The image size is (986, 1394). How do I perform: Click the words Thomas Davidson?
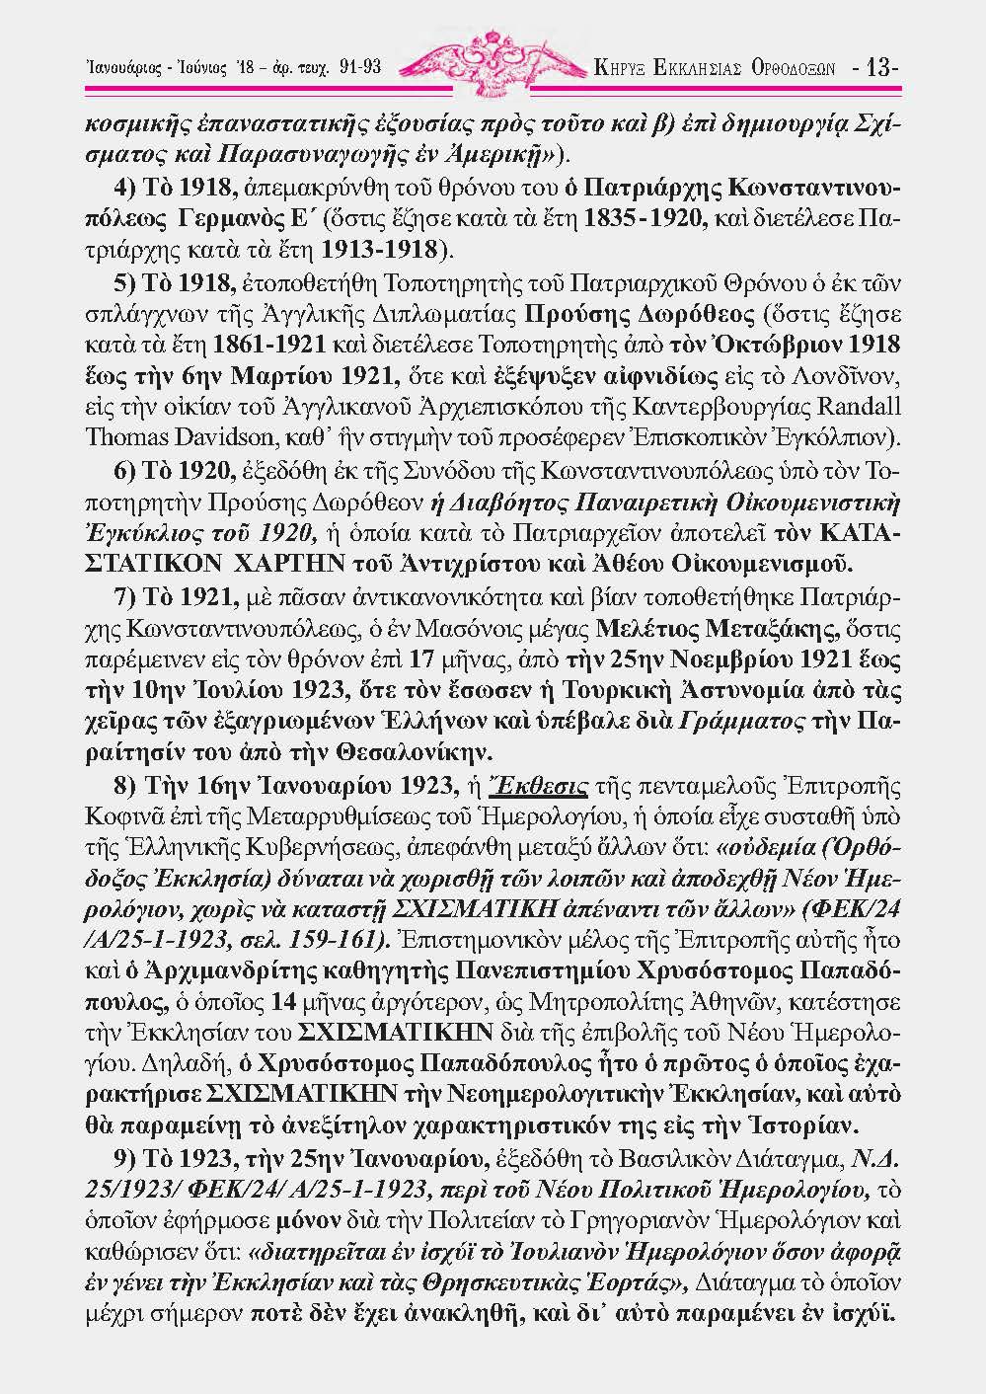point(174,434)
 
